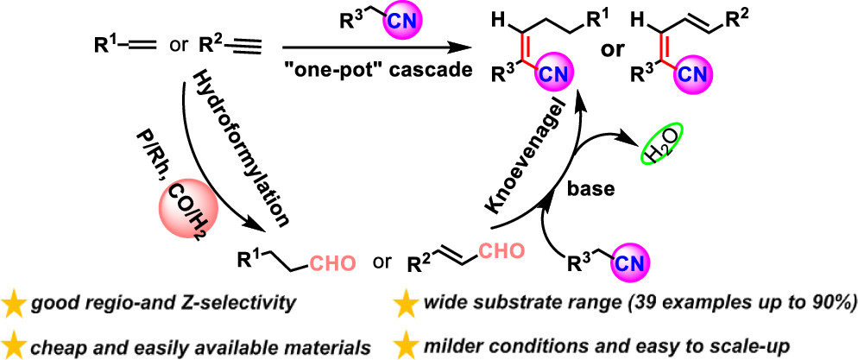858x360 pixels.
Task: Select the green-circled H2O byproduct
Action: [x=660, y=151]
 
